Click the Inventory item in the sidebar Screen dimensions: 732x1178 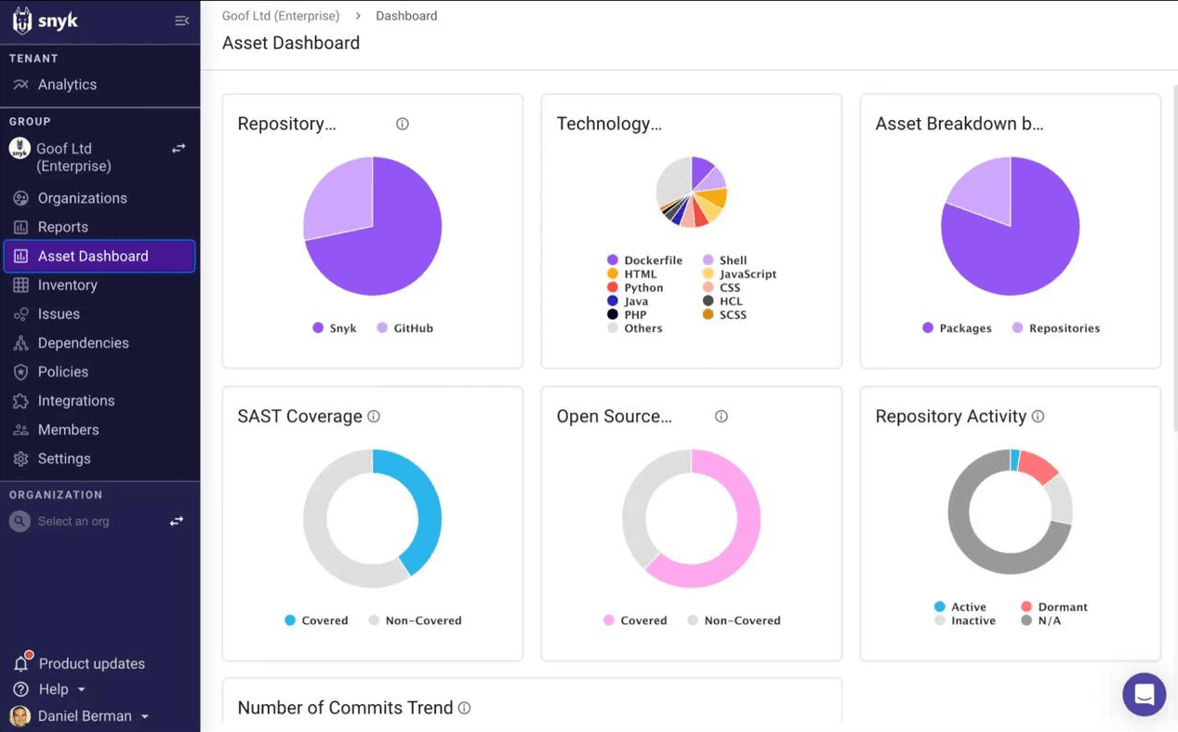[x=67, y=286]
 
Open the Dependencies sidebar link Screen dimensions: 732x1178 [x=83, y=343]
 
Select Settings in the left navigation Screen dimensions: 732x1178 [x=63, y=459]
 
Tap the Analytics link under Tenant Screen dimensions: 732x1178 [x=67, y=85]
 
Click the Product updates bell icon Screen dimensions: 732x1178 [x=20, y=663]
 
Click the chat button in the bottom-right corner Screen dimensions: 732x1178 [x=1144, y=695]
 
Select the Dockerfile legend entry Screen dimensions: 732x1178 [x=652, y=260]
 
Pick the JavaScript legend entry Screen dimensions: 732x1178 [x=747, y=274]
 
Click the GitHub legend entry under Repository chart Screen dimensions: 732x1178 [x=412, y=328]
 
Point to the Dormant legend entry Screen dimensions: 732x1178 [x=1061, y=607]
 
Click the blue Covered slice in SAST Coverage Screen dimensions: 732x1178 [x=423, y=507]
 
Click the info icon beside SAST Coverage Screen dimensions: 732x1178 [x=374, y=417]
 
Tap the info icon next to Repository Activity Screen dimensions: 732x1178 [x=1038, y=417]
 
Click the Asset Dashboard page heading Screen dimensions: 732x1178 [x=291, y=44]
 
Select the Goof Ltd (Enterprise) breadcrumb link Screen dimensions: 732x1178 [x=281, y=16]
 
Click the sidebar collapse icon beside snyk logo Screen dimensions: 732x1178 [x=182, y=20]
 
